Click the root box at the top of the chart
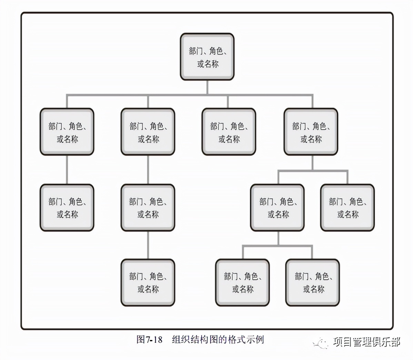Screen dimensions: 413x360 [x=207, y=57]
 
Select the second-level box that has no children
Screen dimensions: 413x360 [x=229, y=132]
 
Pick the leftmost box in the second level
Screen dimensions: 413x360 [x=67, y=132]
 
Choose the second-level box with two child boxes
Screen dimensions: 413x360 [x=311, y=132]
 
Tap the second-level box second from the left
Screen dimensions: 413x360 [x=148, y=132]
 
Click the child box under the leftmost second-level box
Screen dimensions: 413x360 [x=67, y=208]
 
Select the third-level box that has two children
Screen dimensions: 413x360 [x=278, y=208]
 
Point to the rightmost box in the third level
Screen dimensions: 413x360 [x=347, y=208]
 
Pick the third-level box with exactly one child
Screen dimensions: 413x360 [x=148, y=208]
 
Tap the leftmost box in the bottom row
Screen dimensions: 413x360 [x=148, y=282]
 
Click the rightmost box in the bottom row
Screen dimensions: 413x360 [x=313, y=282]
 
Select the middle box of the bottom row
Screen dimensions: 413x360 [x=242, y=282]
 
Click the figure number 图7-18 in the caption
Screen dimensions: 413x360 [x=149, y=339]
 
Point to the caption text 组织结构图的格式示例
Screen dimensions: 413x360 [x=218, y=339]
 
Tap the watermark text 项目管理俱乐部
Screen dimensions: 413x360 [x=367, y=342]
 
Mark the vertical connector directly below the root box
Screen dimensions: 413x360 [x=207, y=88]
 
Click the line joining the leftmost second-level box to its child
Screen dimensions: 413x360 [x=67, y=170]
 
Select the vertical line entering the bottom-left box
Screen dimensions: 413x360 [x=148, y=245]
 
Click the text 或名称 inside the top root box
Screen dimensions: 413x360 [x=208, y=64]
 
